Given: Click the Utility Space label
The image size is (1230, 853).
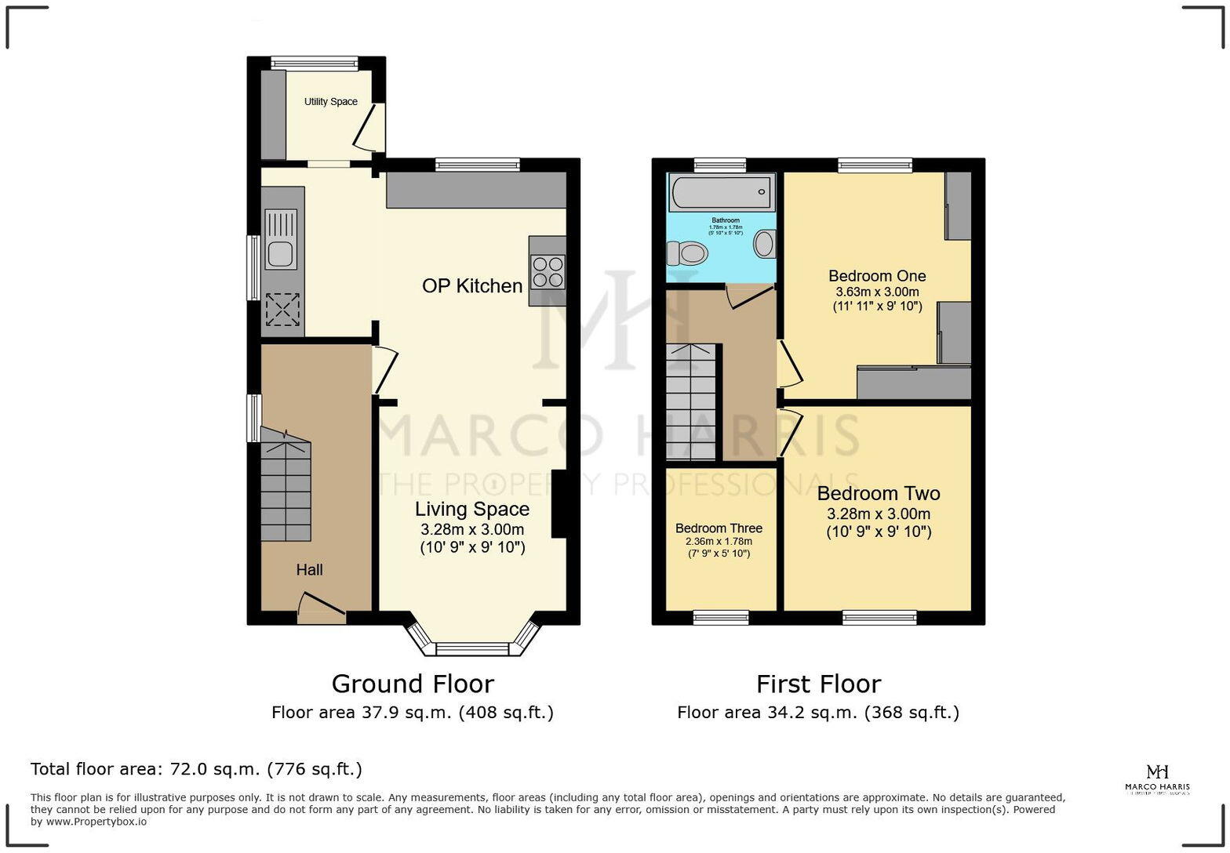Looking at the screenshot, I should coord(330,102).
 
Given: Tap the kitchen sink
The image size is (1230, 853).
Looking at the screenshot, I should coord(281,240).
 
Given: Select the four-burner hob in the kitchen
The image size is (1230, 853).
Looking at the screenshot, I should coord(548,271).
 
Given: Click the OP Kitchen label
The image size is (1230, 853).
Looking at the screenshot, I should coord(472,286).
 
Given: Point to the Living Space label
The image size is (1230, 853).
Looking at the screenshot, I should coord(472,510).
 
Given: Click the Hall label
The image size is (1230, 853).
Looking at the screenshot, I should coord(309,570).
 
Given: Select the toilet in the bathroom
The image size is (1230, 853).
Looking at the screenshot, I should coord(687,252).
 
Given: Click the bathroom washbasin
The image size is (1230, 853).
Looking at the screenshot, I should coord(763,243).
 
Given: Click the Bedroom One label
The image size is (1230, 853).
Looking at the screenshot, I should coord(877,276).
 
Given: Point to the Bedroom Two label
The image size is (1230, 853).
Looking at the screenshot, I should coord(879,494).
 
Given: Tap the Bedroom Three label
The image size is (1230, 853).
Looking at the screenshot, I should coord(719,528).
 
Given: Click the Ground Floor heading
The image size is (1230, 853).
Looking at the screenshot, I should coord(413,684).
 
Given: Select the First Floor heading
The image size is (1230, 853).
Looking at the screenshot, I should coord(818,684).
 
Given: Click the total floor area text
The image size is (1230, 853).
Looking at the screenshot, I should coord(196,769).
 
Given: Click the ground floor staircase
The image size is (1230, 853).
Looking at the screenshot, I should coord(286,490).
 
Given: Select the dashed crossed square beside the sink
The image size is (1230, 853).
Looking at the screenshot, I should coord(282,309).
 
